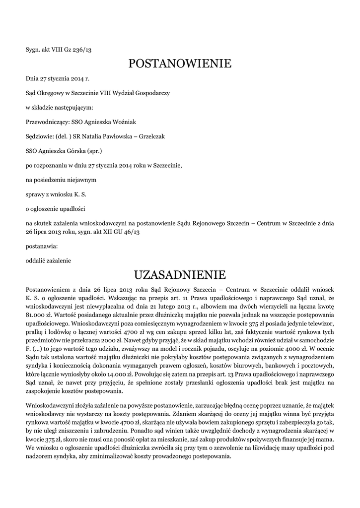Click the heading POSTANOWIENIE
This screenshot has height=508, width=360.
pos(180,64)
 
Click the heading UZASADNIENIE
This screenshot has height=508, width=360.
pos(180,275)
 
